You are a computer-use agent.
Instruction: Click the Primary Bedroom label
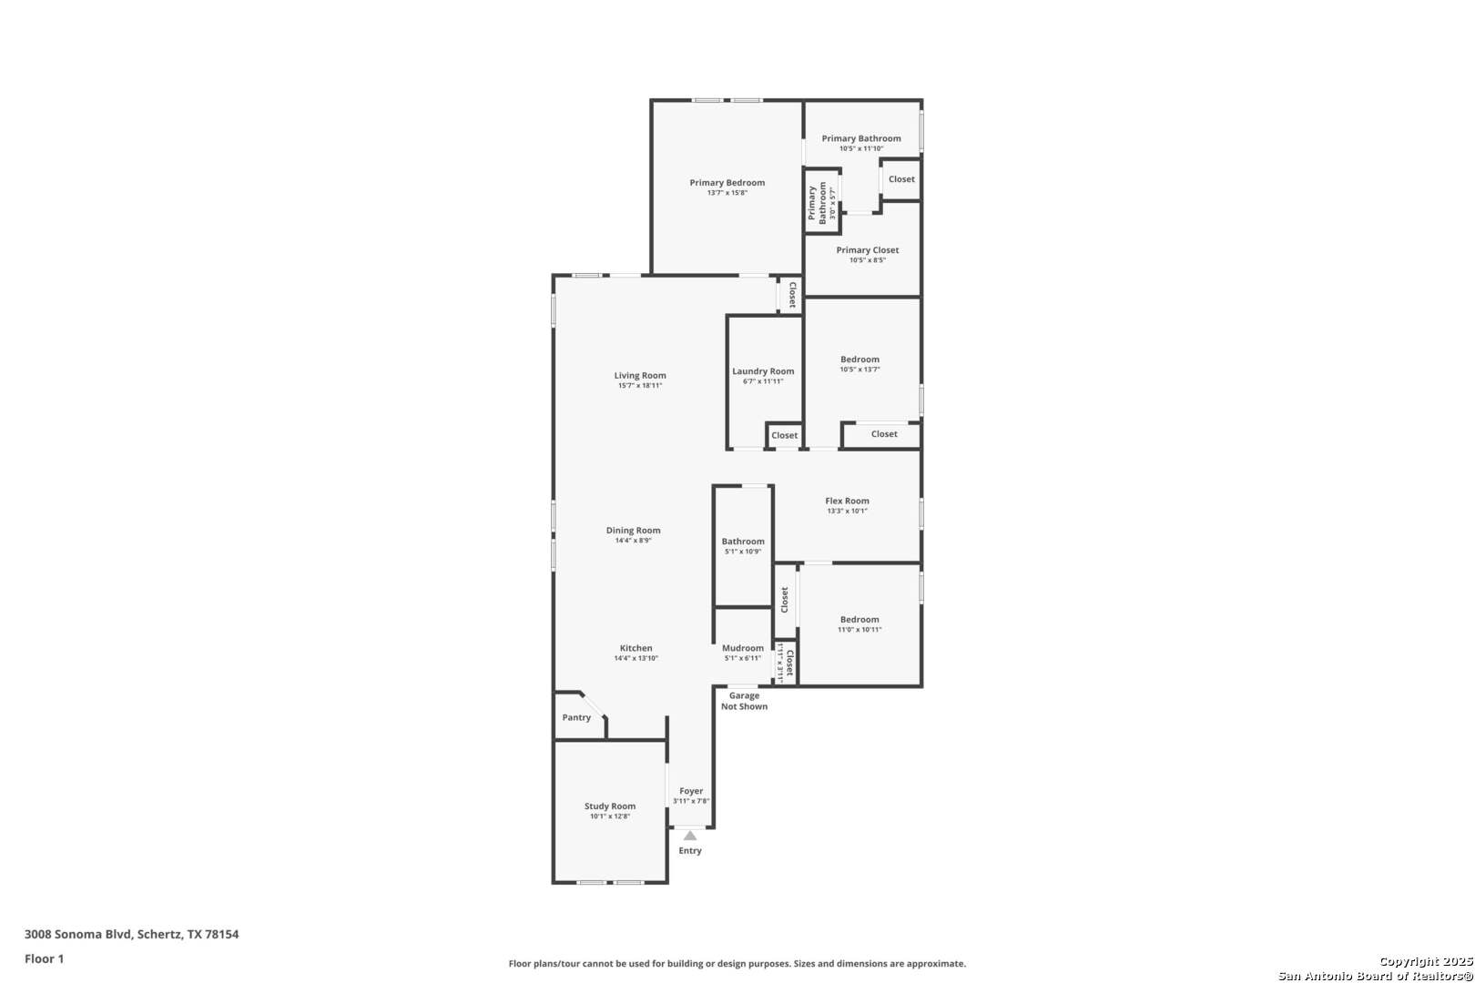tap(727, 182)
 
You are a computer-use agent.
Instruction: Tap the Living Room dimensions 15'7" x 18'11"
tap(640, 386)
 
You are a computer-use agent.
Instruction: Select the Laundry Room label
tap(763, 371)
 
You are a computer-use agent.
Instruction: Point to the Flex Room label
tap(847, 501)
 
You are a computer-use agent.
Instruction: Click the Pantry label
tap(576, 717)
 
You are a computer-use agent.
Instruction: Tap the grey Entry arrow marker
tap(689, 836)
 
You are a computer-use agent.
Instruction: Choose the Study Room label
tap(610, 806)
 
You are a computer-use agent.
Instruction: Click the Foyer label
tap(691, 791)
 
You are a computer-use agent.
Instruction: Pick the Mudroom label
tap(743, 648)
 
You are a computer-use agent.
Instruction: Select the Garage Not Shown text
tap(744, 701)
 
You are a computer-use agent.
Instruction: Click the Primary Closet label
tap(867, 250)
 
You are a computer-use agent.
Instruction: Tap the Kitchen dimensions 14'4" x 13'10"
tap(636, 658)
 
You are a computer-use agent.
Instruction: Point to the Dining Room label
tap(634, 530)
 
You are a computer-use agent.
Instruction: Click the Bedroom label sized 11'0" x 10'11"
tap(860, 620)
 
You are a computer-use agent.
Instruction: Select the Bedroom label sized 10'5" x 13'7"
tap(860, 360)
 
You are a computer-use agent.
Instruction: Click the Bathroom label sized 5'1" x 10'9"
tap(743, 542)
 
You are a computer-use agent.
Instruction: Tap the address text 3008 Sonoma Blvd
tap(78, 934)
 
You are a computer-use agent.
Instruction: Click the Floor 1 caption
tap(44, 958)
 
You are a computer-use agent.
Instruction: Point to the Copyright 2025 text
tap(1426, 961)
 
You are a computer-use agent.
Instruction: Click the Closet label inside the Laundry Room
tap(784, 435)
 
